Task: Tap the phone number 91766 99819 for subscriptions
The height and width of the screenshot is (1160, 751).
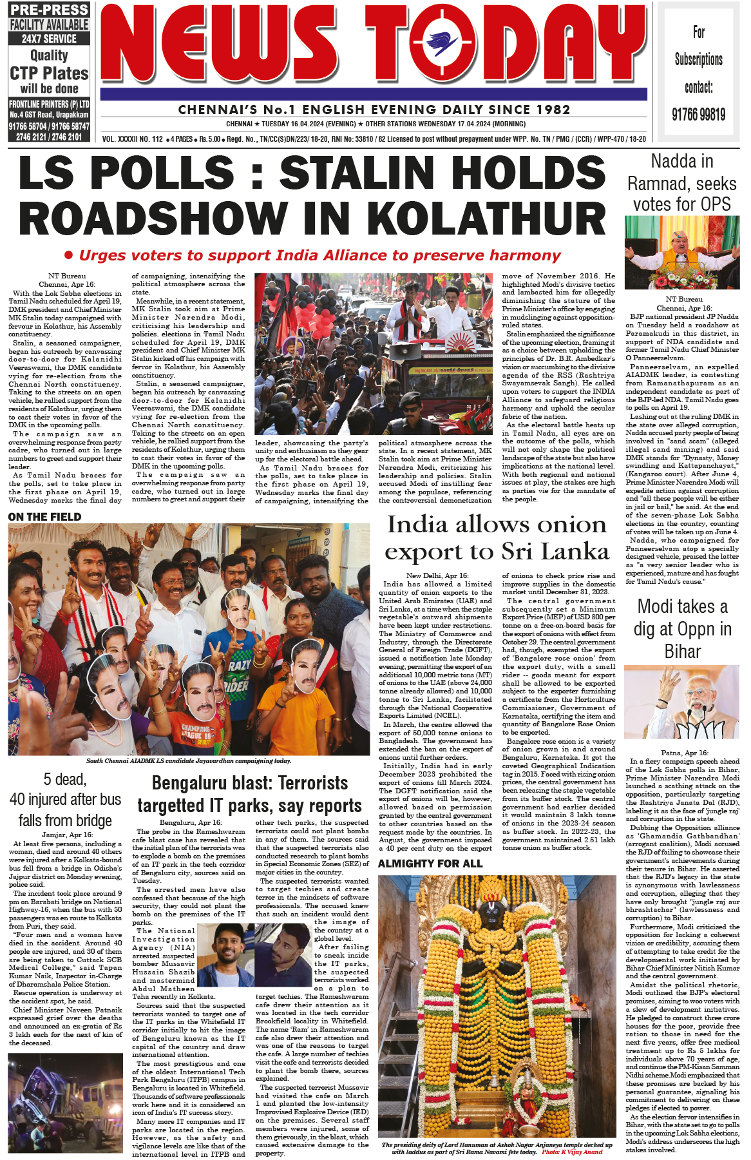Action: [x=698, y=115]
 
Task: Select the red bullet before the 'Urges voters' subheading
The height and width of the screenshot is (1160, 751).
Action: [x=68, y=255]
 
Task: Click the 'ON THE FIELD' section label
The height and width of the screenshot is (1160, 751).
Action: [x=45, y=517]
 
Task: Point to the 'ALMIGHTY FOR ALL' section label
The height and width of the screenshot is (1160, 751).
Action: [x=430, y=864]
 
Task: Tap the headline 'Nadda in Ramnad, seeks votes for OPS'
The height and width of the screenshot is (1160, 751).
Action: [x=681, y=183]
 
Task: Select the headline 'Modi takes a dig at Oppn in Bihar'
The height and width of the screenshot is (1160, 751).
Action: [x=681, y=628]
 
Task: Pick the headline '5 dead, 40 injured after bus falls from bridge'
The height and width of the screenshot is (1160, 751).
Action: [x=65, y=800]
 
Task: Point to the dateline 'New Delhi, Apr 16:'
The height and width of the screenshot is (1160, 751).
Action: [x=437, y=575]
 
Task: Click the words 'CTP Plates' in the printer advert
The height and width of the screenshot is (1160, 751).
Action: [x=49, y=73]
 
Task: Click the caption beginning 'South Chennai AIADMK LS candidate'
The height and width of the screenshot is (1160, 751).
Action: [x=189, y=760]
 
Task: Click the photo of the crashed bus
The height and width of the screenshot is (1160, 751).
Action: [x=65, y=1103]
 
